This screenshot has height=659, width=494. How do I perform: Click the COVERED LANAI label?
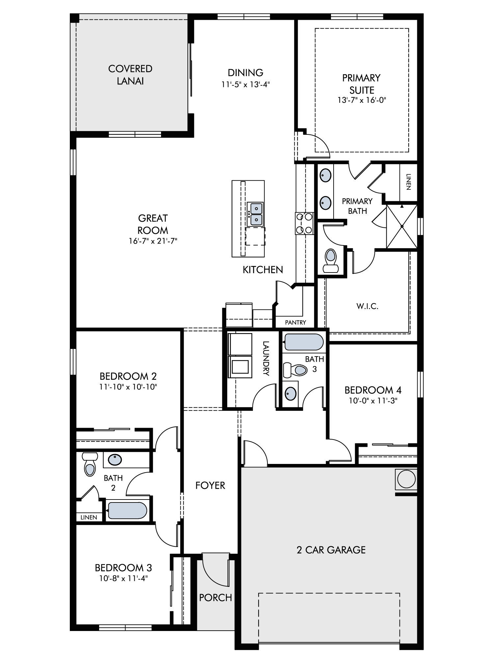tap(130, 75)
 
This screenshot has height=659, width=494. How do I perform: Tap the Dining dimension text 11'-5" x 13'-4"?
tap(246, 84)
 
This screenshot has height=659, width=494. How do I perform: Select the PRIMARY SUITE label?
tap(362, 84)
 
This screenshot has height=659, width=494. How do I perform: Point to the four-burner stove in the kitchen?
tap(304, 223)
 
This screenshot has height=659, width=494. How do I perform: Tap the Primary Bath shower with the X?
tap(402, 226)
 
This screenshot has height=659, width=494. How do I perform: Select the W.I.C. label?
tap(367, 306)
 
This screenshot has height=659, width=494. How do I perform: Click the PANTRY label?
tap(295, 323)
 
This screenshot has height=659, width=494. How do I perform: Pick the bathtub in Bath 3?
tap(304, 342)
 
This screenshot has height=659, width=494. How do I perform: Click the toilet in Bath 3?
tap(295, 370)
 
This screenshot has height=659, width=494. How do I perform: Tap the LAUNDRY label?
tap(266, 358)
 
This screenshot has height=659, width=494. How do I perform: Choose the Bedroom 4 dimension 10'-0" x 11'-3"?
tap(373, 401)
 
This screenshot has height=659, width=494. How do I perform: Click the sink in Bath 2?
tap(115, 459)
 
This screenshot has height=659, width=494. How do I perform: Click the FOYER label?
tap(210, 485)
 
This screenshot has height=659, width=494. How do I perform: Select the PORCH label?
tap(216, 597)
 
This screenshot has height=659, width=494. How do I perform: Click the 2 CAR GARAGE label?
tap(331, 550)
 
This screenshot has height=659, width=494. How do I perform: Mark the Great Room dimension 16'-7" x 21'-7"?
tap(153, 241)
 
